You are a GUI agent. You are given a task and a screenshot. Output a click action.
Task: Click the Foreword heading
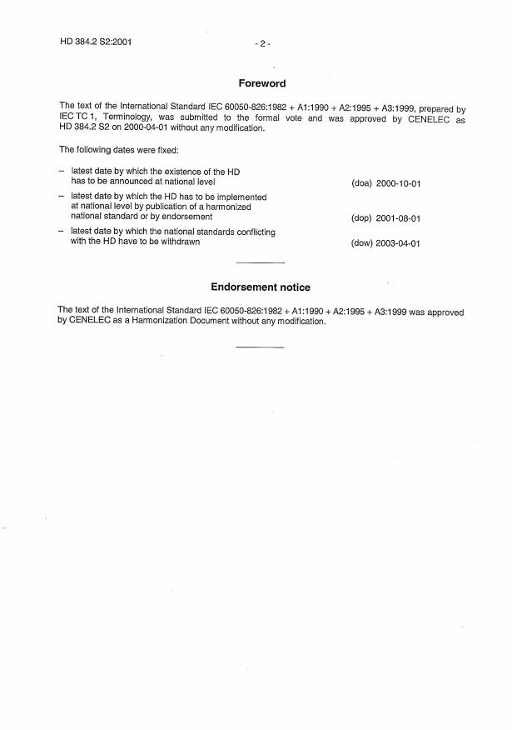point(261,83)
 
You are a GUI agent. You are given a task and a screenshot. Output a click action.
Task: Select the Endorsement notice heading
point(261,287)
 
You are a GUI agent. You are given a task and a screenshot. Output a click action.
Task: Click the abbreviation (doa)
point(360,183)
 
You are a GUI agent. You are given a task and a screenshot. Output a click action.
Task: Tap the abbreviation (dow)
point(360,244)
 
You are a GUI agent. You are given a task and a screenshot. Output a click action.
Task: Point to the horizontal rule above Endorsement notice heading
point(261,262)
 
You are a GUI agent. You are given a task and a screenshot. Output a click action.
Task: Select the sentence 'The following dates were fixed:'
point(113,150)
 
